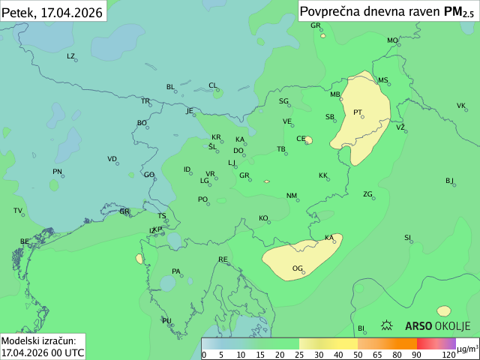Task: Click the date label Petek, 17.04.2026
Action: pyautogui.click(x=52, y=11)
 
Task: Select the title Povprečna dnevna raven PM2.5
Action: pyautogui.click(x=386, y=11)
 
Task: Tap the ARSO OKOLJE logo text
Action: pyautogui.click(x=437, y=325)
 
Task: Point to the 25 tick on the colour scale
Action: pyautogui.click(x=298, y=354)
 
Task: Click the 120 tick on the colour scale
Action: pyautogui.click(x=448, y=354)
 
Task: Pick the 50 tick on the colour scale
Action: pyautogui.click(x=358, y=354)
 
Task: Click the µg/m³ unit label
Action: pyautogui.click(x=467, y=349)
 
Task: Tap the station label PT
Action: pyautogui.click(x=357, y=112)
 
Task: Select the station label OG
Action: pyautogui.click(x=297, y=268)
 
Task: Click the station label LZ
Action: pyautogui.click(x=70, y=55)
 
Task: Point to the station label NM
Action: pyautogui.click(x=291, y=195)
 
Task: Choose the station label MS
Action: pyautogui.click(x=382, y=79)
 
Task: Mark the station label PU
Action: pyautogui.click(x=166, y=320)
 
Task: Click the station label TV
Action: pyautogui.click(x=17, y=210)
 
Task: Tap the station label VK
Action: pyautogui.click(x=461, y=105)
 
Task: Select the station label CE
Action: pyautogui.click(x=301, y=138)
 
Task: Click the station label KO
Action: pyautogui.click(x=263, y=217)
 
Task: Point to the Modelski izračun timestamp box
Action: pyautogui.click(x=43, y=346)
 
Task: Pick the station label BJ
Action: pyautogui.click(x=449, y=180)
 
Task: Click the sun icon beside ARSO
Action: pyautogui.click(x=388, y=325)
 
